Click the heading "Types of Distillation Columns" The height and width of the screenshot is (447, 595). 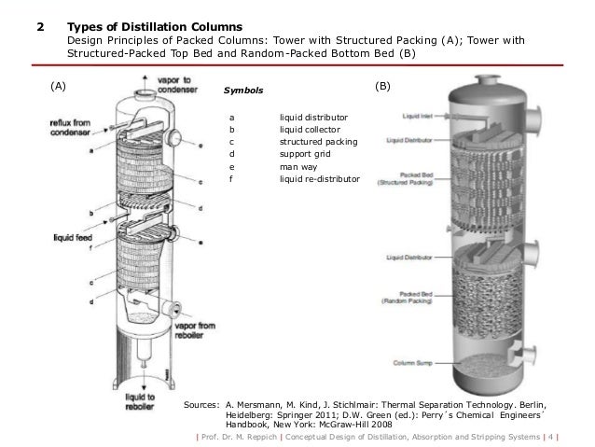point(153,24)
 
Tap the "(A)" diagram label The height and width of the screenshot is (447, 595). point(58,87)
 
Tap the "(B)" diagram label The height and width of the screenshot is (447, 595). point(382,86)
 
